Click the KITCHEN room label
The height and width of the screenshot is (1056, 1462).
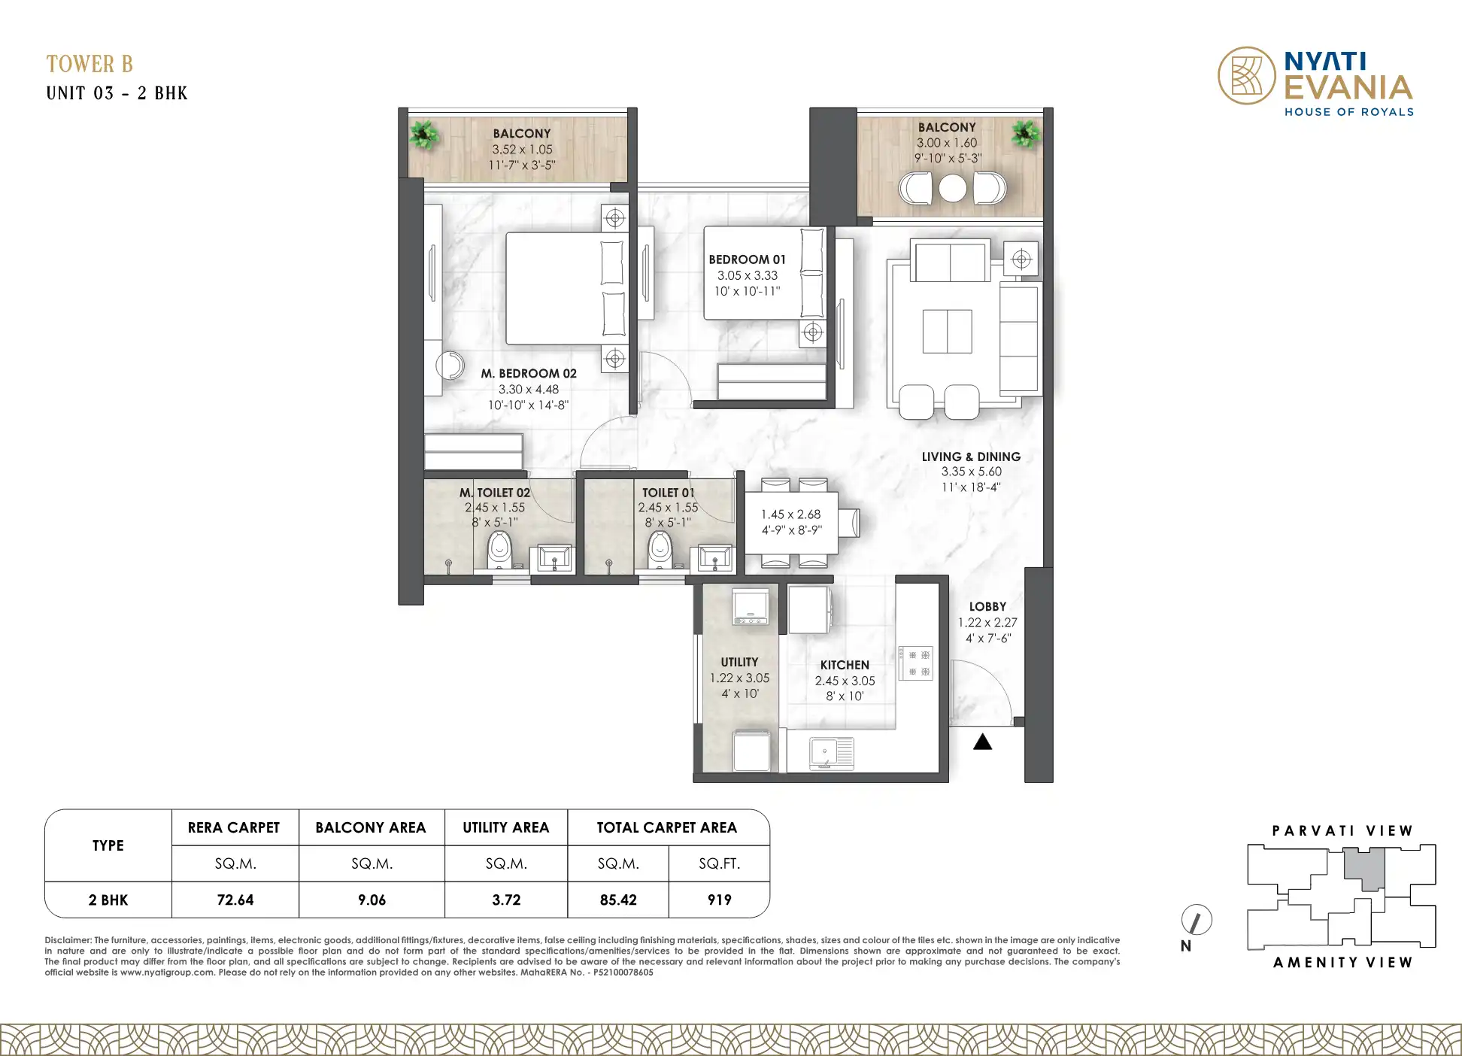point(845,665)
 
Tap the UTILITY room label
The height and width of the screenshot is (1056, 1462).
point(739,662)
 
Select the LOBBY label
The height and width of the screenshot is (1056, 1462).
point(987,606)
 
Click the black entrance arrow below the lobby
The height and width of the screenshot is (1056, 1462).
point(983,742)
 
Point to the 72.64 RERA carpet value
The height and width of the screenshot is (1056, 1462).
point(235,900)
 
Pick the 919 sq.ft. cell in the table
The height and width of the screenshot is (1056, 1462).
point(720,900)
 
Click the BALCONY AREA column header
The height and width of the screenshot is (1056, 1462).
point(371,827)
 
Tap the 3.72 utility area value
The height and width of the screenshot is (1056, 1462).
point(506,900)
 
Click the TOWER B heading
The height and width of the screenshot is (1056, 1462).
point(89,64)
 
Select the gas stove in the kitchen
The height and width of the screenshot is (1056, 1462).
point(916,663)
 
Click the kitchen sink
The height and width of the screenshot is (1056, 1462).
point(832,753)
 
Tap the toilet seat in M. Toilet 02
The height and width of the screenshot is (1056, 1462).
point(499,550)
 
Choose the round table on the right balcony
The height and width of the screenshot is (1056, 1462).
point(953,188)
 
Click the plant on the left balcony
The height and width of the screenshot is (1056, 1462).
point(425,135)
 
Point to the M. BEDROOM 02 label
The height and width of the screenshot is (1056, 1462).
point(529,373)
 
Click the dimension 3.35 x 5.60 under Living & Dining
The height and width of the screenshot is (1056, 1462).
point(972,472)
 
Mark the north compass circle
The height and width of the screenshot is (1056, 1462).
point(1197,920)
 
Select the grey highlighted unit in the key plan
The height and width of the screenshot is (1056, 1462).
point(1364,869)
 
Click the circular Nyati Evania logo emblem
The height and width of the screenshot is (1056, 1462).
point(1247,75)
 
